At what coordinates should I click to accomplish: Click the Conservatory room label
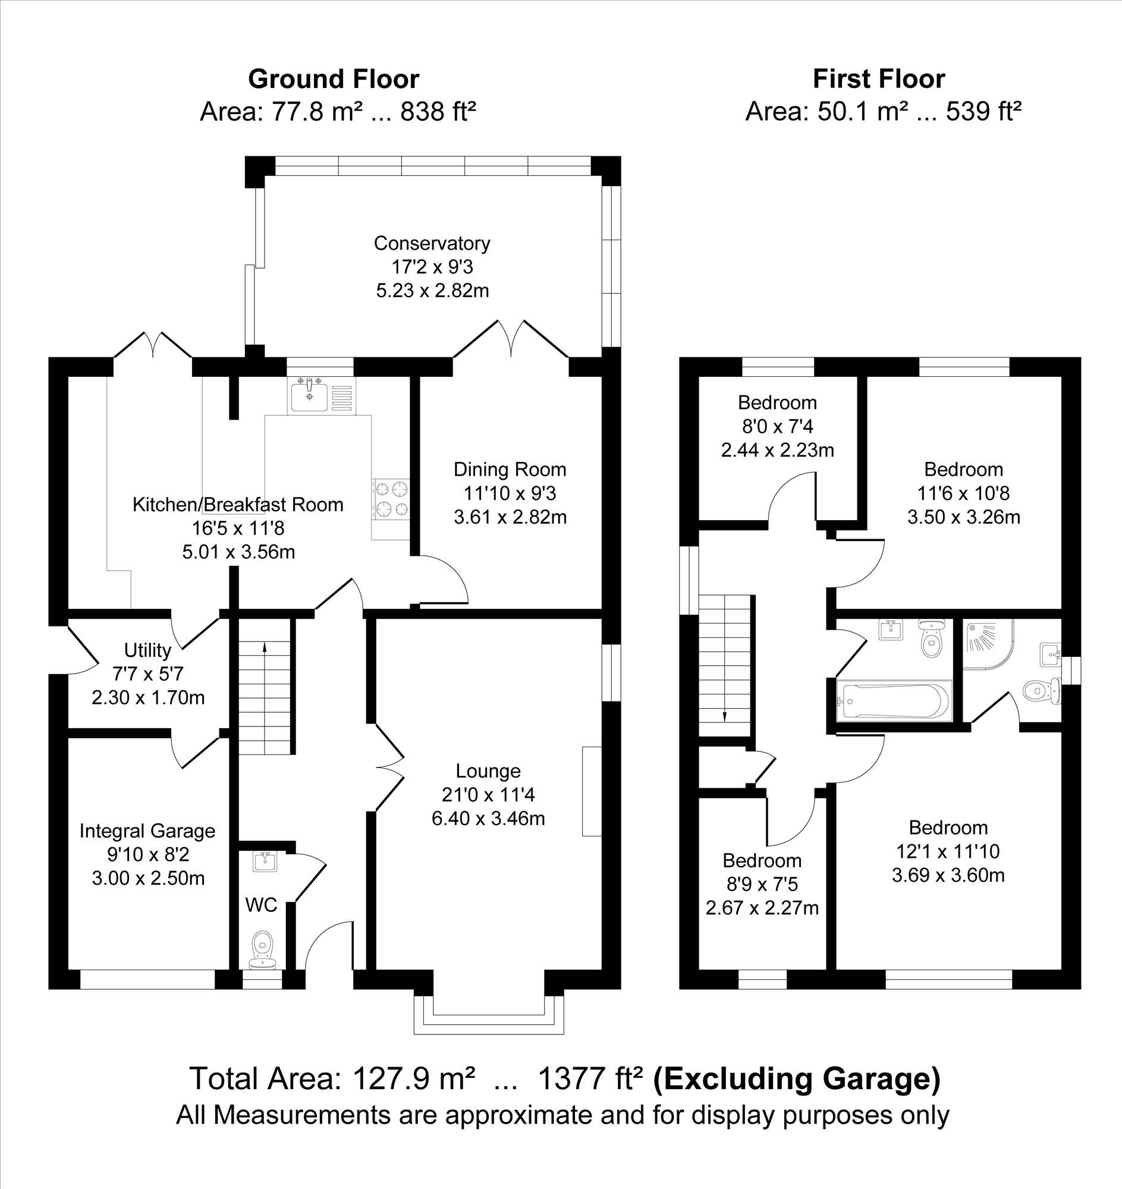[x=432, y=243]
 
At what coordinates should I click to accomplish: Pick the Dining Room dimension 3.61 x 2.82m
[x=510, y=517]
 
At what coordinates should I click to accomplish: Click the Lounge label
[x=488, y=771]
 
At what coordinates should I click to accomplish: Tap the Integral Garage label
[x=147, y=831]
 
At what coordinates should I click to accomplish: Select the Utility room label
[x=147, y=650]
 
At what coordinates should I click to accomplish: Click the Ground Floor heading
[x=334, y=79]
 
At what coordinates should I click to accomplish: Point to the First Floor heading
[x=879, y=79]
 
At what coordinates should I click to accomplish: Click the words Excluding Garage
[x=797, y=1079]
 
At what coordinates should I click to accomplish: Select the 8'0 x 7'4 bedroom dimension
[x=778, y=426]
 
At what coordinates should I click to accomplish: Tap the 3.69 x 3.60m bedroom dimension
[x=948, y=875]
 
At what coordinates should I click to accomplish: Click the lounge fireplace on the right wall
[x=592, y=791]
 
